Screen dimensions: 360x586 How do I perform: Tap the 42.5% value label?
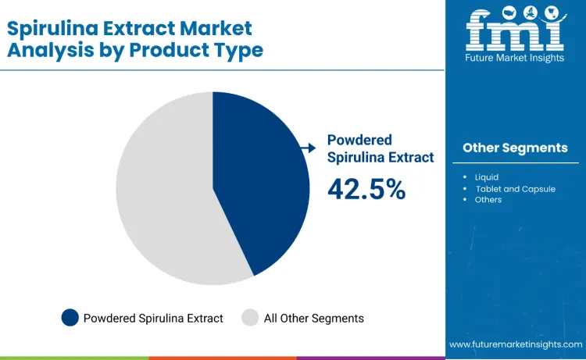pos(366,188)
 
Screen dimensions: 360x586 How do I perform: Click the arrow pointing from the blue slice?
pos(308,147)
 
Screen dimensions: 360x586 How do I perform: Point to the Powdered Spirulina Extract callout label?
pos(380,148)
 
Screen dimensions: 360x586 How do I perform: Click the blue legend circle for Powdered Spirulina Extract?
pos(70,318)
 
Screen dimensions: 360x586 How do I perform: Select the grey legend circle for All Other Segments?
pos(250,318)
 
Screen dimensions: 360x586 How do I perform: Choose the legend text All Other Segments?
pos(314,318)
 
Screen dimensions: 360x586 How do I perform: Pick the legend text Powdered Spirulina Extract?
pos(153,318)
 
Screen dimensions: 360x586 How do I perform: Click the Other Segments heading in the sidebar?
pos(515,148)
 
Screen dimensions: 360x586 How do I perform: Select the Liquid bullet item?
pos(486,177)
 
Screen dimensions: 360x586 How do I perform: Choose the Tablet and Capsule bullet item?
pos(518,189)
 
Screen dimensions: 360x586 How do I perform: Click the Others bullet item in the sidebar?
pos(488,200)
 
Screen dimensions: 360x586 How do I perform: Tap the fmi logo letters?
pos(514,32)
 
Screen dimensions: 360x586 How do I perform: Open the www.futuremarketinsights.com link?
pos(515,344)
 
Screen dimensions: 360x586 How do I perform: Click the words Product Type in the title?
pos(215,50)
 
